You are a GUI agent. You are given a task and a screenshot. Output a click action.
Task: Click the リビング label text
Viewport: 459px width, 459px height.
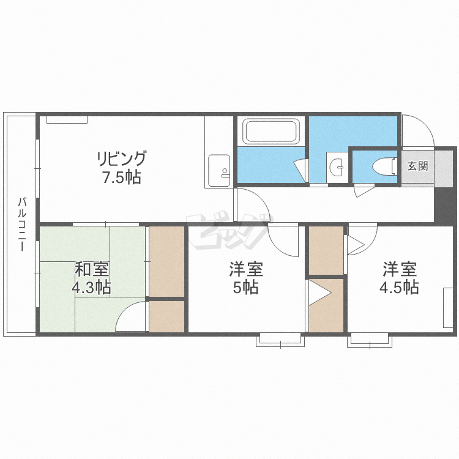122,159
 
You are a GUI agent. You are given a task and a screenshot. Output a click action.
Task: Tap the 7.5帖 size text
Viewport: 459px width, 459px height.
122,177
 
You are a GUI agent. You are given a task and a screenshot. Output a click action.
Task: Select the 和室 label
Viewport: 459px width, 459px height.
92,269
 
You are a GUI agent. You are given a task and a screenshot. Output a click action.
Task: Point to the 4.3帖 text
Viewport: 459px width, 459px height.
92,287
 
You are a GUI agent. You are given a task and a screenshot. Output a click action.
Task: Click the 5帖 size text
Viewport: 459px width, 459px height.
246,287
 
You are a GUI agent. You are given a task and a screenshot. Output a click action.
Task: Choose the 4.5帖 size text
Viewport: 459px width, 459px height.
399,287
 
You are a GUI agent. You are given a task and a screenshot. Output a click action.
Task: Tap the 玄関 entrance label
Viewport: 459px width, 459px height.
418,166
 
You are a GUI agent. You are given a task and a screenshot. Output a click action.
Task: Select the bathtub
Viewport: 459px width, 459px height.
271,131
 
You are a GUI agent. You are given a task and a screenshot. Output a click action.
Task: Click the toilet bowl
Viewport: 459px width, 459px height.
384,167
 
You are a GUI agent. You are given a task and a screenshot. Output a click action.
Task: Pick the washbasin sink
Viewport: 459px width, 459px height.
337,168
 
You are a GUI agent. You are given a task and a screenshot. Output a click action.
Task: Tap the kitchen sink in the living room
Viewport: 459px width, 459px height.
219,171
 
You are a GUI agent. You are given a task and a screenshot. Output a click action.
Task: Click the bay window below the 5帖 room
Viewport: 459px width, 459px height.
280,340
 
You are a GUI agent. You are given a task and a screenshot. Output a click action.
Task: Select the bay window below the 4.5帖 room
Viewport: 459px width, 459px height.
370,340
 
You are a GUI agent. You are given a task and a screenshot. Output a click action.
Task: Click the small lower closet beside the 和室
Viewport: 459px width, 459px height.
166,316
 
